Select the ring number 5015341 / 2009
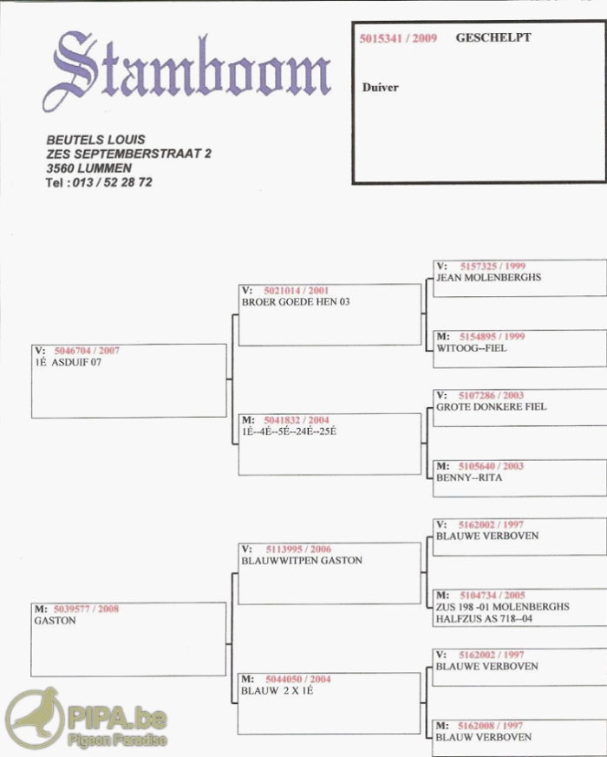click(398, 39)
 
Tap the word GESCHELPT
click(493, 38)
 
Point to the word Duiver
click(381, 88)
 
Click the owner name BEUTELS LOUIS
click(95, 139)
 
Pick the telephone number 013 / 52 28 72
click(110, 182)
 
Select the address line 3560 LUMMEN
click(88, 168)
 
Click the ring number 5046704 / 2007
click(87, 351)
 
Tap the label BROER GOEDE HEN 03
click(296, 301)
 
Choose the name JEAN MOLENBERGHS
click(488, 278)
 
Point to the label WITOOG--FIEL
click(472, 348)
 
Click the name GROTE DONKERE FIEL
click(491, 406)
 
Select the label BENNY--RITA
click(469, 477)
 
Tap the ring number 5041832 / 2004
click(297, 420)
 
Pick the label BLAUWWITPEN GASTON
click(302, 561)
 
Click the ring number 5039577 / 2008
click(86, 609)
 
